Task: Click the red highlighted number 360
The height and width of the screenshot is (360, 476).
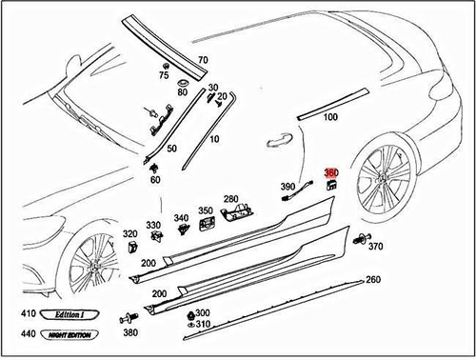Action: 331,172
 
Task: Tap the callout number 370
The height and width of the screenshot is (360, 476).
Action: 375,247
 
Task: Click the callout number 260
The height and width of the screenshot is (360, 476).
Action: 372,280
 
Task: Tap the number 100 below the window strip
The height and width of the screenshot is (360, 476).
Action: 330,117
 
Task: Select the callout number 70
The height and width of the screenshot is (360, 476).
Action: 202,60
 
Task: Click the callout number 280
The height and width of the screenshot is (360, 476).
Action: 230,199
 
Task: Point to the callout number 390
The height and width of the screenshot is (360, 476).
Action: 287,187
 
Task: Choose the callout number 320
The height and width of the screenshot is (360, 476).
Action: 129,232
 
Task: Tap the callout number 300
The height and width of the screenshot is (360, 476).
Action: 202,312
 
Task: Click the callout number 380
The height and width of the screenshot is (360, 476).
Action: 130,332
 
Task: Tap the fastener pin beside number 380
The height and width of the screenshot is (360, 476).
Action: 125,316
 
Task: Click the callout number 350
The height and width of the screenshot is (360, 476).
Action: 205,210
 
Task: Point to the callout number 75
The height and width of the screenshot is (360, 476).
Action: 164,75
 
